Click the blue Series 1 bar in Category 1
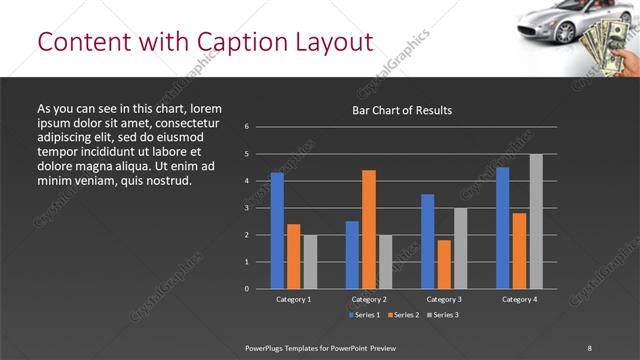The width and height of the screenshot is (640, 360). [277, 230]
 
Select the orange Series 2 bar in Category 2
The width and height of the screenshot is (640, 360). [369, 229]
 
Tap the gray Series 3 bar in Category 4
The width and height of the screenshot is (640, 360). [536, 221]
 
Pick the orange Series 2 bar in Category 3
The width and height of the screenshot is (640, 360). [444, 264]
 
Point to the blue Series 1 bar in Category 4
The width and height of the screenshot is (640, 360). [502, 228]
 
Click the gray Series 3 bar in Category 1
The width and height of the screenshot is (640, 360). [310, 261]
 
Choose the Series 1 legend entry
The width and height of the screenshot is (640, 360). [364, 315]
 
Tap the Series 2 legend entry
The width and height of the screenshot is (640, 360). [403, 315]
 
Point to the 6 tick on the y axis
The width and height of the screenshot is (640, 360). [246, 127]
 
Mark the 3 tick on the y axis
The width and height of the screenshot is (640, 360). [246, 208]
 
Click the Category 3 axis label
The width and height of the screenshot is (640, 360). [444, 299]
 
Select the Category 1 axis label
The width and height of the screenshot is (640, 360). [294, 299]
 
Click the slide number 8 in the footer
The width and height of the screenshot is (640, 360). [589, 347]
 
